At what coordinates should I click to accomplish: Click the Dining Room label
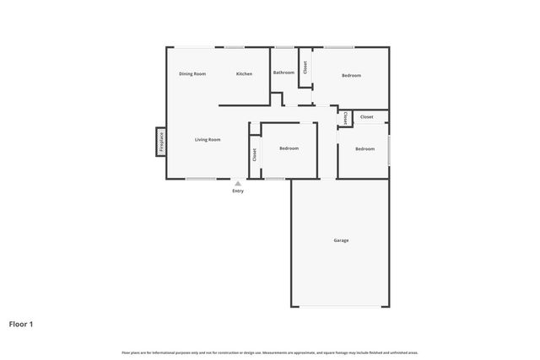click(x=192, y=74)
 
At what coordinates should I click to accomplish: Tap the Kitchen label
click(x=244, y=74)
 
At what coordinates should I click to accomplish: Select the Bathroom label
click(x=283, y=73)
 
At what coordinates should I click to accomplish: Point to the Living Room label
click(x=208, y=139)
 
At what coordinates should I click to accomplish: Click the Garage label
click(x=341, y=240)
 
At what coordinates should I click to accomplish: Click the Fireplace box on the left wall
click(x=160, y=141)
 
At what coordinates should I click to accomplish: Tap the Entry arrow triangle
click(x=238, y=183)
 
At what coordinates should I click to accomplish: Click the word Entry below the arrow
click(x=238, y=191)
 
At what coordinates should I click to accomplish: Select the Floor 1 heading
click(x=21, y=323)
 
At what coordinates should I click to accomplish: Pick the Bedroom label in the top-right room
click(x=351, y=76)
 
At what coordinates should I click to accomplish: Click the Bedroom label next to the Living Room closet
click(x=289, y=148)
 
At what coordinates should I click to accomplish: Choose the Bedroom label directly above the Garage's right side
click(x=364, y=149)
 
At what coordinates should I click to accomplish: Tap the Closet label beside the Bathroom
click(x=305, y=67)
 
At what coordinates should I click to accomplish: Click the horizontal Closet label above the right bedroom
click(x=367, y=117)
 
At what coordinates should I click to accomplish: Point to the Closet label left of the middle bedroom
click(x=255, y=155)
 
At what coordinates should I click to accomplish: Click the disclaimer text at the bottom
click(x=270, y=352)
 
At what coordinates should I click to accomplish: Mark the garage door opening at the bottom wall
click(x=341, y=306)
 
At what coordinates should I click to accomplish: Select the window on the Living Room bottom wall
click(x=201, y=179)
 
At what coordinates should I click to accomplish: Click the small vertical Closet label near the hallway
click(x=344, y=119)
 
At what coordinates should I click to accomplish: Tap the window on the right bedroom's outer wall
click(x=389, y=148)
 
